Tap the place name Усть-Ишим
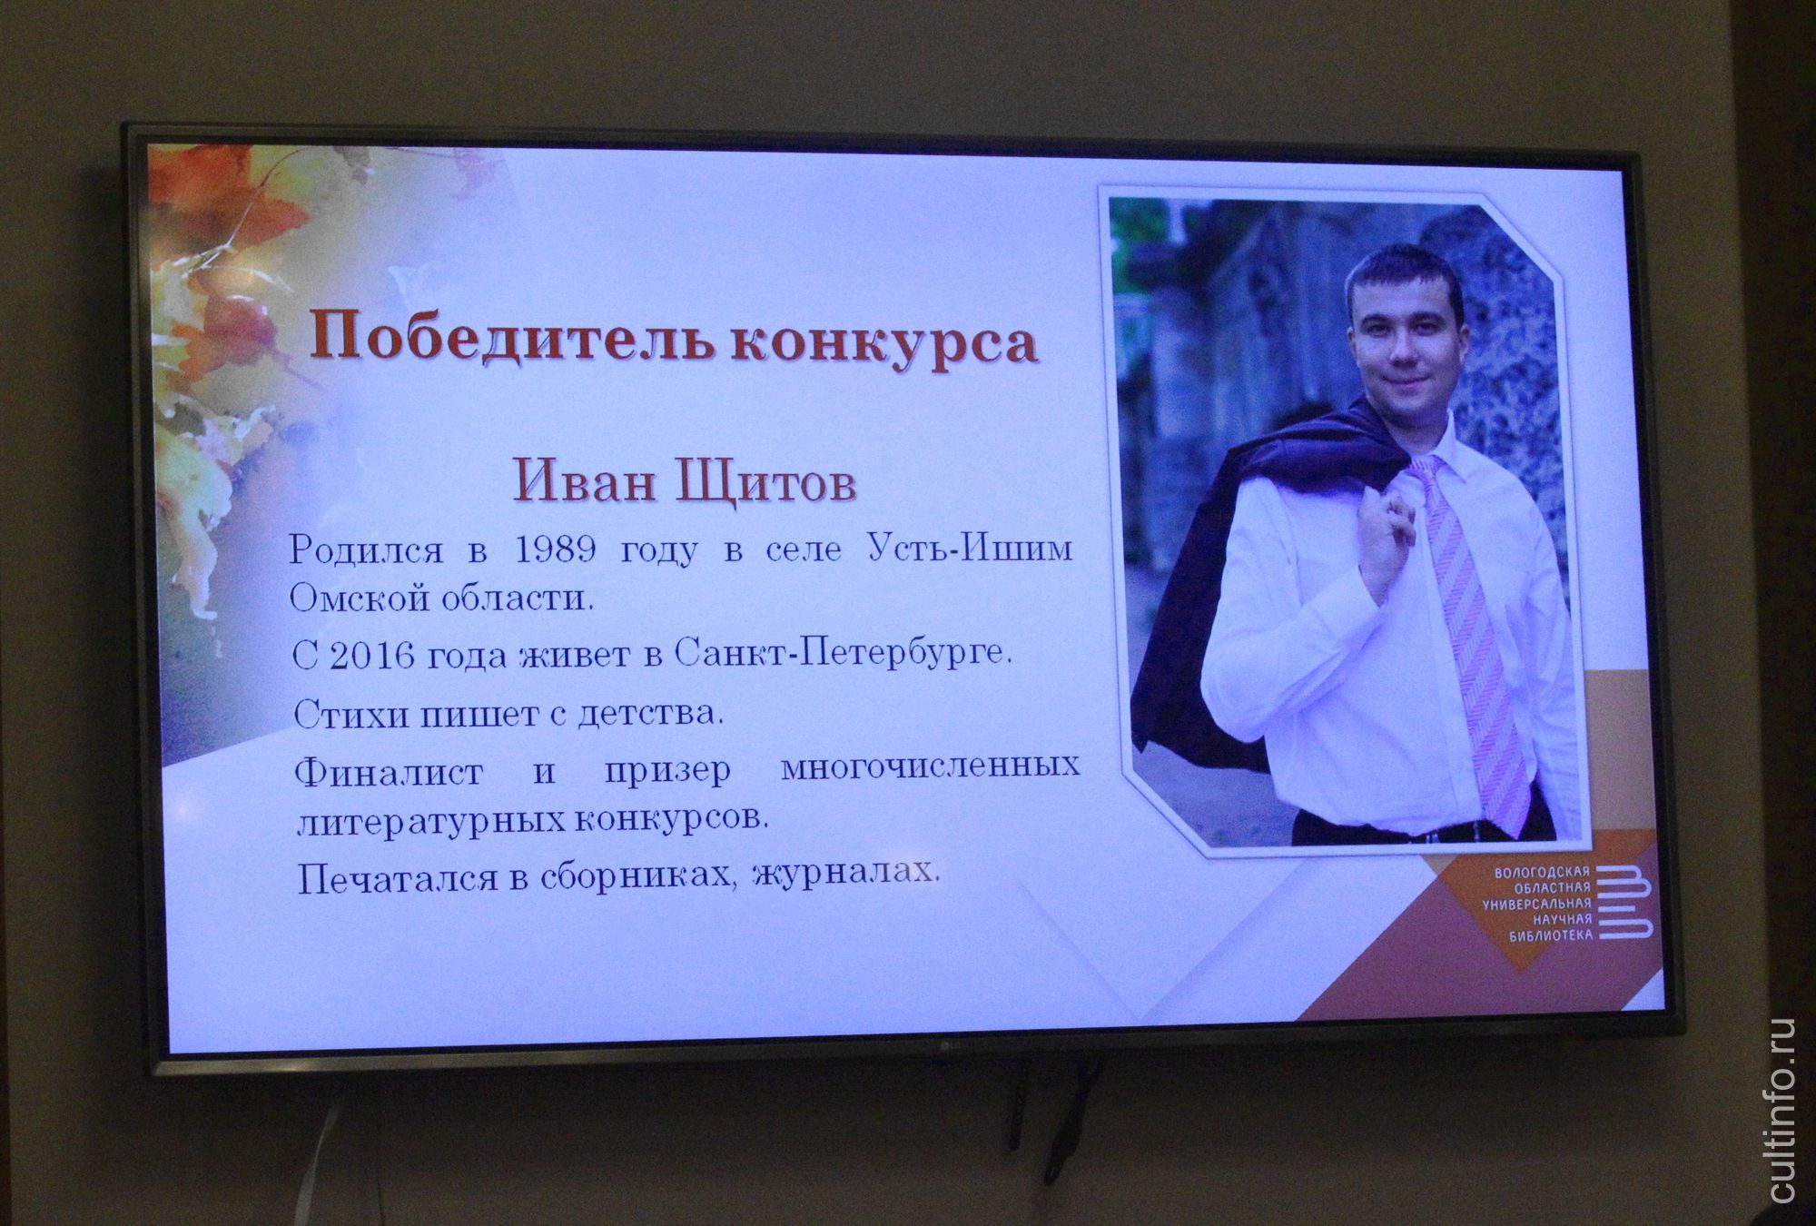(x=970, y=549)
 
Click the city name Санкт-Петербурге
(x=843, y=655)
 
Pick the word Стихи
(x=350, y=715)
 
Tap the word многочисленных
(x=931, y=768)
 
